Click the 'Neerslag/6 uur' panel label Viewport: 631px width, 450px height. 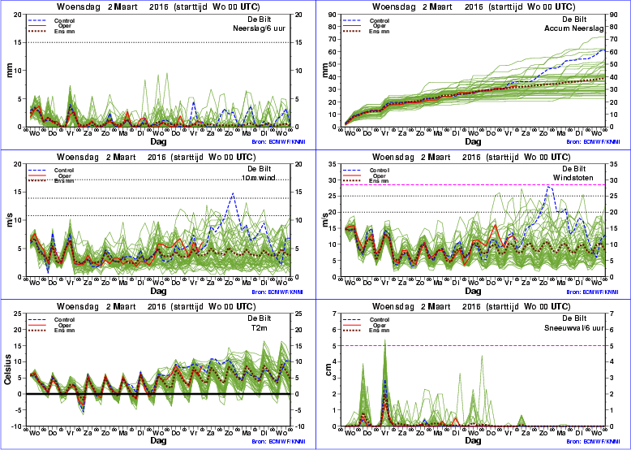pyautogui.click(x=265, y=28)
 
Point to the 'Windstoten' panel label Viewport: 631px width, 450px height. pyautogui.click(x=586, y=178)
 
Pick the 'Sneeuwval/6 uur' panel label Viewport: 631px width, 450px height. pyautogui.click(x=580, y=328)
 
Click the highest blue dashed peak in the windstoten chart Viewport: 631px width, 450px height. pyautogui.click(x=550, y=187)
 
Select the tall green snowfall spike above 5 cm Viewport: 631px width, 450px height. pyautogui.click(x=384, y=341)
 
